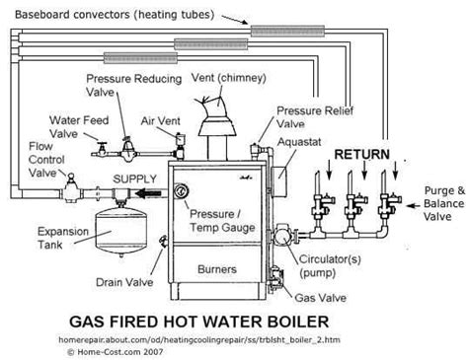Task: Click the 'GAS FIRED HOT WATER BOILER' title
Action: click(234, 321)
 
